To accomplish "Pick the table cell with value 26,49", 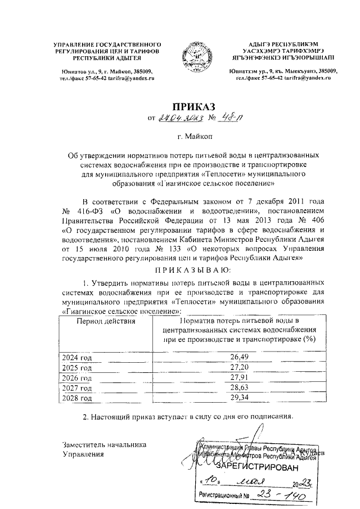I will point(240,357).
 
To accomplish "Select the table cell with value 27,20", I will point(240,367).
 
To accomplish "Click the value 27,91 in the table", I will point(240,377).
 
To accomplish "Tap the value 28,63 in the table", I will point(240,388).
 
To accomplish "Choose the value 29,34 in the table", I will point(240,398).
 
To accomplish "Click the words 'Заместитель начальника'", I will point(104,444).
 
